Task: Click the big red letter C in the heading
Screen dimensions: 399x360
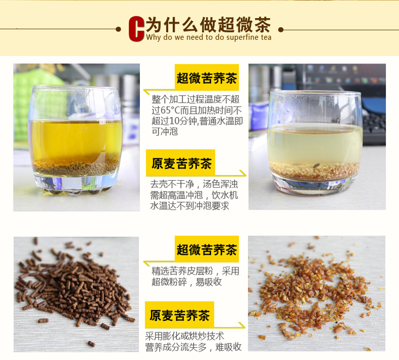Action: tap(136, 29)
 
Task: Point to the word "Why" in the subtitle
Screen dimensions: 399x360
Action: tap(153, 37)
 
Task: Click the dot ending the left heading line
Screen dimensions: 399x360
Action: tap(118, 29)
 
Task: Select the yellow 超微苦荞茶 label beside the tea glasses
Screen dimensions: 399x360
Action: tap(206, 77)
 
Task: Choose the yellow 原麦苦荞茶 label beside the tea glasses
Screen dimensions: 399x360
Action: tap(181, 163)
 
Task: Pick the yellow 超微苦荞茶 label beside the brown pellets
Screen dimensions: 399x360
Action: tap(206, 249)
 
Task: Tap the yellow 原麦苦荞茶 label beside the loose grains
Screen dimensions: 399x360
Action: tap(180, 315)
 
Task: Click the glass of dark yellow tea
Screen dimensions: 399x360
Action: tap(76, 139)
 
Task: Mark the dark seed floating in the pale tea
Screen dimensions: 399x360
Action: tap(317, 166)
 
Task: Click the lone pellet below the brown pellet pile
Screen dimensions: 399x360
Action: tap(92, 344)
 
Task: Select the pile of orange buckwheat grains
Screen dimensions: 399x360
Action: tap(315, 290)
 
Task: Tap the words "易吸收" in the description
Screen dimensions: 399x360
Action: tap(209, 282)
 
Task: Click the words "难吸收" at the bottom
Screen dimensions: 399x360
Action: tap(228, 347)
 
